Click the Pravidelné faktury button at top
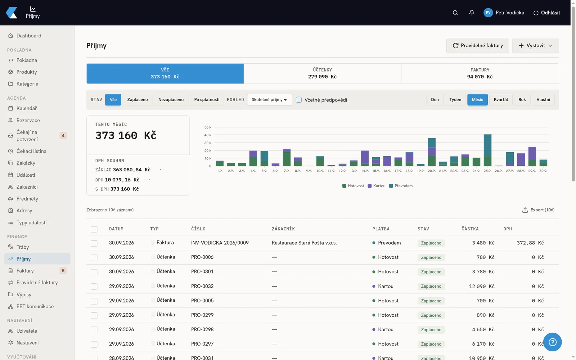click(477, 45)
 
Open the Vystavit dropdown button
click(535, 45)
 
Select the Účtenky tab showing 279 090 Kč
click(322, 73)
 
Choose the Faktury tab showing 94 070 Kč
click(480, 73)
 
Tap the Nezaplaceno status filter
click(171, 99)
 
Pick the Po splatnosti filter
click(207, 99)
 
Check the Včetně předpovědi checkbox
click(298, 100)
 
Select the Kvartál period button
click(501, 99)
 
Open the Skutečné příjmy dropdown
click(270, 99)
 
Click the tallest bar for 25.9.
click(487, 150)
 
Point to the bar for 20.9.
click(432, 152)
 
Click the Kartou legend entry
click(377, 186)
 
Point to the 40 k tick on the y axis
click(208, 135)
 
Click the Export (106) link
click(538, 210)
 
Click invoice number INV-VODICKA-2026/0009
click(220, 243)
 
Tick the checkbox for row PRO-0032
click(94, 287)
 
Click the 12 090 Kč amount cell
click(482, 286)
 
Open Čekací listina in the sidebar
click(31, 151)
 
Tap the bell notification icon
click(472, 13)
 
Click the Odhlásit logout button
click(547, 13)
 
